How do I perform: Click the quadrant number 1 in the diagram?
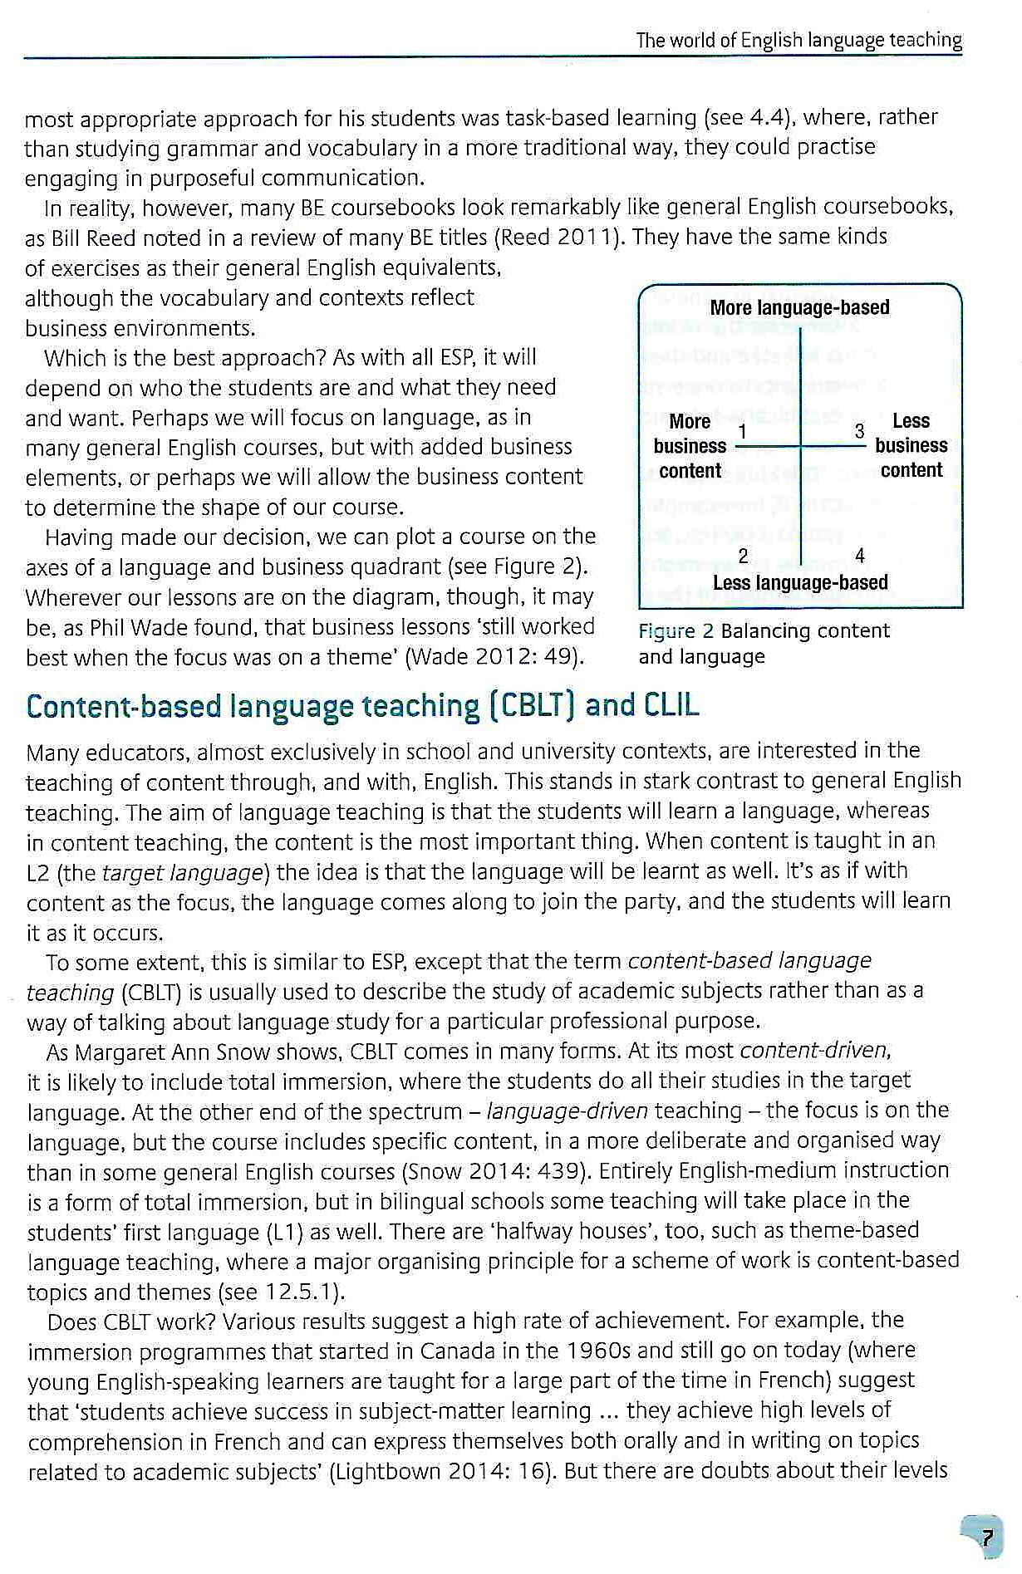742,432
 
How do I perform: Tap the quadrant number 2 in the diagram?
743,556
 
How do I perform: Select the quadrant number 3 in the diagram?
860,431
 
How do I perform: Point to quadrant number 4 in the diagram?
860,556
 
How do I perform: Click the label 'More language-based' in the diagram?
799,308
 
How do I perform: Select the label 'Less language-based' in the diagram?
800,583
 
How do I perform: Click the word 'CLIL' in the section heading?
671,706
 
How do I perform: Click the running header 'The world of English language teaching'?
798,40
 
